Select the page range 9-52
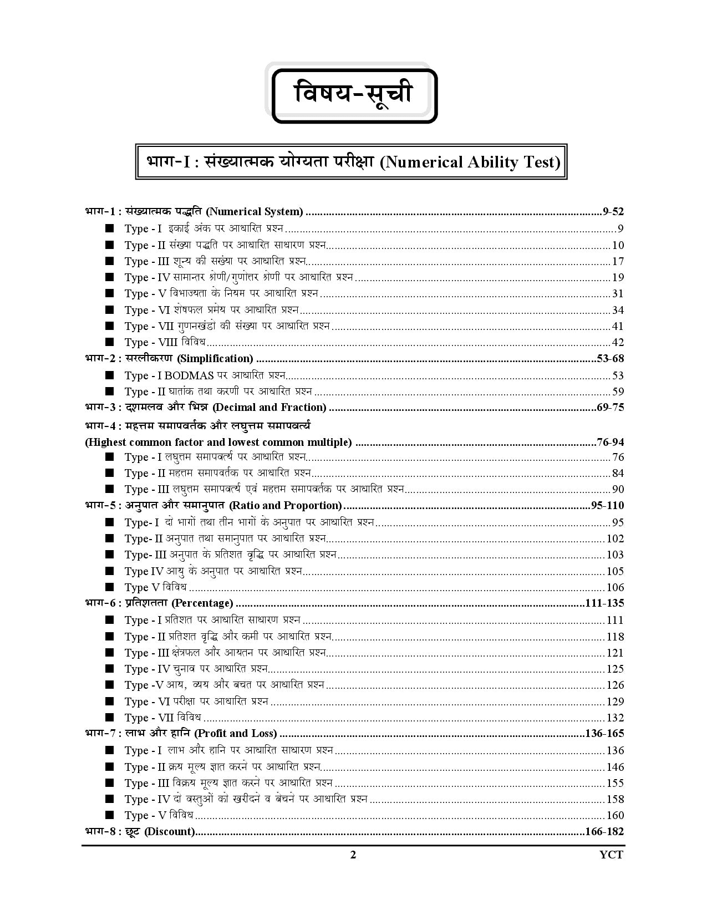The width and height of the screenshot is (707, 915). tap(613, 211)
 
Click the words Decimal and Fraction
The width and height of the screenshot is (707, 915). tap(269, 407)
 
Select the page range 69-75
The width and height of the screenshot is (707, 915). tap(611, 407)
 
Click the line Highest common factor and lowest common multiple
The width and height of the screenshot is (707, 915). tap(218, 442)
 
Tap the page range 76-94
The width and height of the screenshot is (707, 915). tap(611, 442)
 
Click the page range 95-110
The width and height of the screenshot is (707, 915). tap(608, 505)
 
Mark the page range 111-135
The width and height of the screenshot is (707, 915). tap(604, 603)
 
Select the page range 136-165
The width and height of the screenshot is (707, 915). tap(604, 733)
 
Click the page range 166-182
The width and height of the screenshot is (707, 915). tap(604, 831)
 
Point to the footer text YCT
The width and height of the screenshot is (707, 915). tap(612, 855)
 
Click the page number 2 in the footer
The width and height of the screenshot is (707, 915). tap(353, 855)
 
